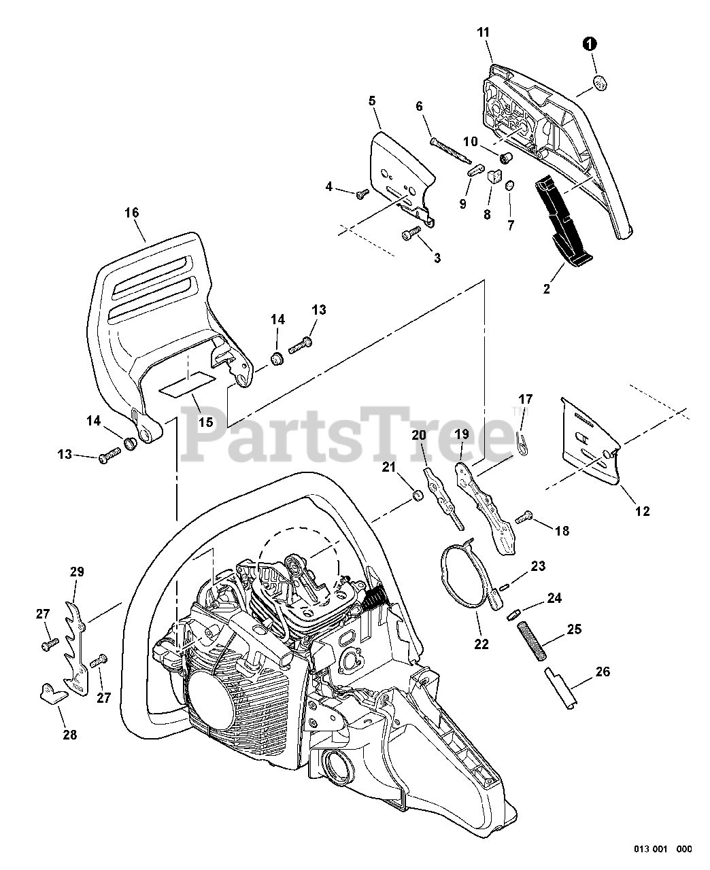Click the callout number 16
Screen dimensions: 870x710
point(131,213)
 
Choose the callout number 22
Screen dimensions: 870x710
point(481,644)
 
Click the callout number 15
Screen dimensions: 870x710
point(205,422)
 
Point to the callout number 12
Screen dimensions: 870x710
point(641,511)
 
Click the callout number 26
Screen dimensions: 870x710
point(602,672)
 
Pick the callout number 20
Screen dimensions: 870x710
point(419,434)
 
